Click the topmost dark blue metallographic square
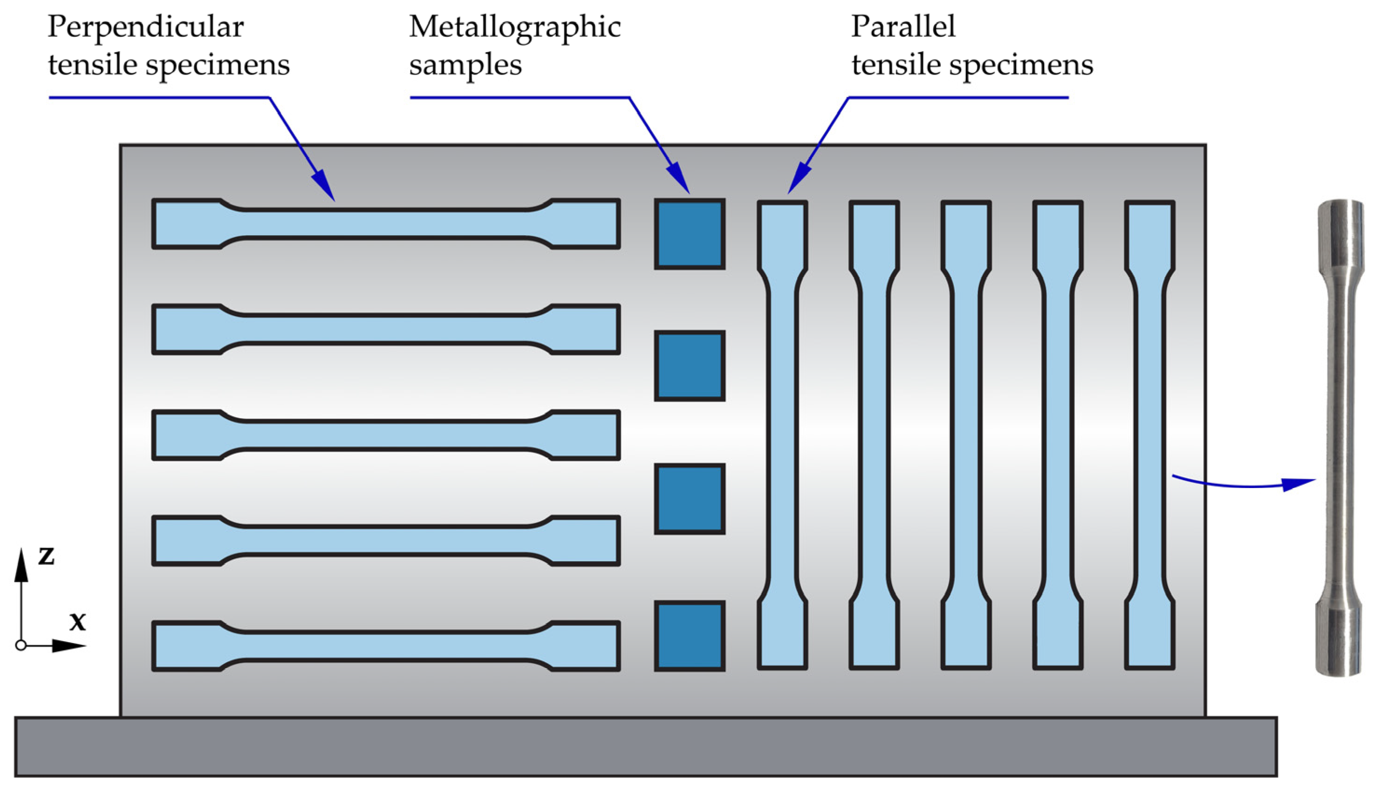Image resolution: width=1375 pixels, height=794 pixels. coord(690,234)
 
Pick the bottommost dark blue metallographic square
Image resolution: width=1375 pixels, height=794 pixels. coord(690,636)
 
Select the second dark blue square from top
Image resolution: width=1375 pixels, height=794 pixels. coord(690,366)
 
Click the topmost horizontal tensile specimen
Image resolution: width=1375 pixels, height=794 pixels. coord(385,224)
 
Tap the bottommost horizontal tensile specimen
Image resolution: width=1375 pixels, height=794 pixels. coord(385,646)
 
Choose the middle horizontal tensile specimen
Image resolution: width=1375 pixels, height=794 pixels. coord(385,435)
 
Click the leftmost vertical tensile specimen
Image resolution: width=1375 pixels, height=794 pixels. coord(782,434)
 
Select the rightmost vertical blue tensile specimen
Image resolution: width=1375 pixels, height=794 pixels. coord(1149,434)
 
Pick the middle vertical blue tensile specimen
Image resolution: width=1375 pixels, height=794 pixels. coord(966,434)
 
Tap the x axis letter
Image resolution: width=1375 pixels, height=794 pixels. coord(77,622)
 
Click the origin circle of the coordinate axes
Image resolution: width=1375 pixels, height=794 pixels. coord(21,645)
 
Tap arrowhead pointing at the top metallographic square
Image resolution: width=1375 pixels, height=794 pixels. coord(679,178)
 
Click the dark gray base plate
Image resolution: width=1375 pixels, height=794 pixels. coord(644,746)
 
